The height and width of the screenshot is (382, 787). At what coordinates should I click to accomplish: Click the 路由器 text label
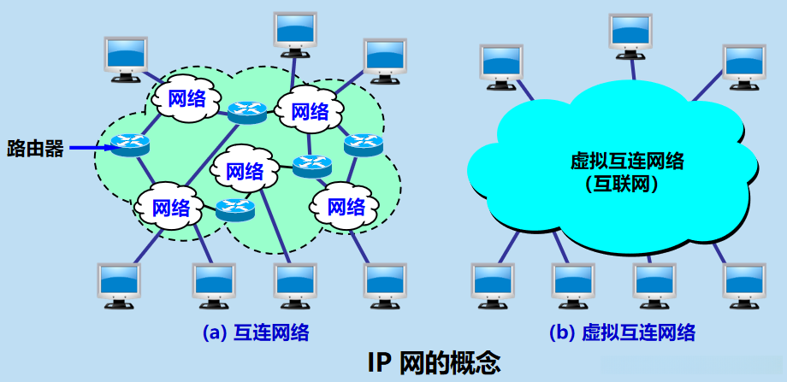pyautogui.click(x=35, y=149)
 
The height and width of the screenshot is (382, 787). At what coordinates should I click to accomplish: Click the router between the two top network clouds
pyautogui.click(x=247, y=110)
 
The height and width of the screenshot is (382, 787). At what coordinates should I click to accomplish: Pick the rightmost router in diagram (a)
pyautogui.click(x=363, y=144)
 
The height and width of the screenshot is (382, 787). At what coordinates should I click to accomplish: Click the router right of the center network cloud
pyautogui.click(x=311, y=165)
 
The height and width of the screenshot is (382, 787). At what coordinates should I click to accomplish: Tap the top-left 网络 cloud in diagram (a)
pyautogui.click(x=187, y=97)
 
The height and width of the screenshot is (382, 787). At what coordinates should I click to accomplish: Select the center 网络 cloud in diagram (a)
pyautogui.click(x=245, y=170)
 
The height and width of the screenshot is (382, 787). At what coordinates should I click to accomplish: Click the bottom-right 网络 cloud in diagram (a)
pyautogui.click(x=346, y=206)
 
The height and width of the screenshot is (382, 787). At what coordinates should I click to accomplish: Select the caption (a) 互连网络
pyautogui.click(x=255, y=332)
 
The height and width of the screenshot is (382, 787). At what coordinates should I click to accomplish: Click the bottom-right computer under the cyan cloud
pyautogui.click(x=743, y=284)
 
